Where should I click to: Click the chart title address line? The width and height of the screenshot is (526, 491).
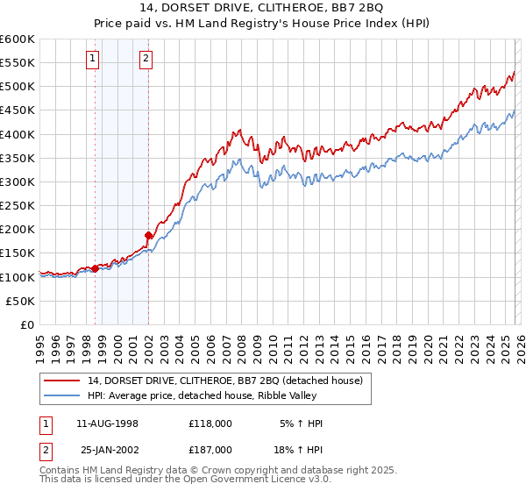[x=262, y=10]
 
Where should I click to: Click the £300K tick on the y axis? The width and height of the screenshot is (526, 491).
[x=18, y=181]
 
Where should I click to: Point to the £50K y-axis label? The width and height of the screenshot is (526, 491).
[x=20, y=301]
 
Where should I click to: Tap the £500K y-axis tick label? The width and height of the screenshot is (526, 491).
[x=18, y=87]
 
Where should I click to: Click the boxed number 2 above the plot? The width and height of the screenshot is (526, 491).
[x=146, y=60]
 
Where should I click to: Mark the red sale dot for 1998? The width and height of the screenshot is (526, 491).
[x=95, y=268]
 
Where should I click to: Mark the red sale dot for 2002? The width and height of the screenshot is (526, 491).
[x=148, y=235]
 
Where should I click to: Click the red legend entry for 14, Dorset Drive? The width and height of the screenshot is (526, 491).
[x=218, y=380]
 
